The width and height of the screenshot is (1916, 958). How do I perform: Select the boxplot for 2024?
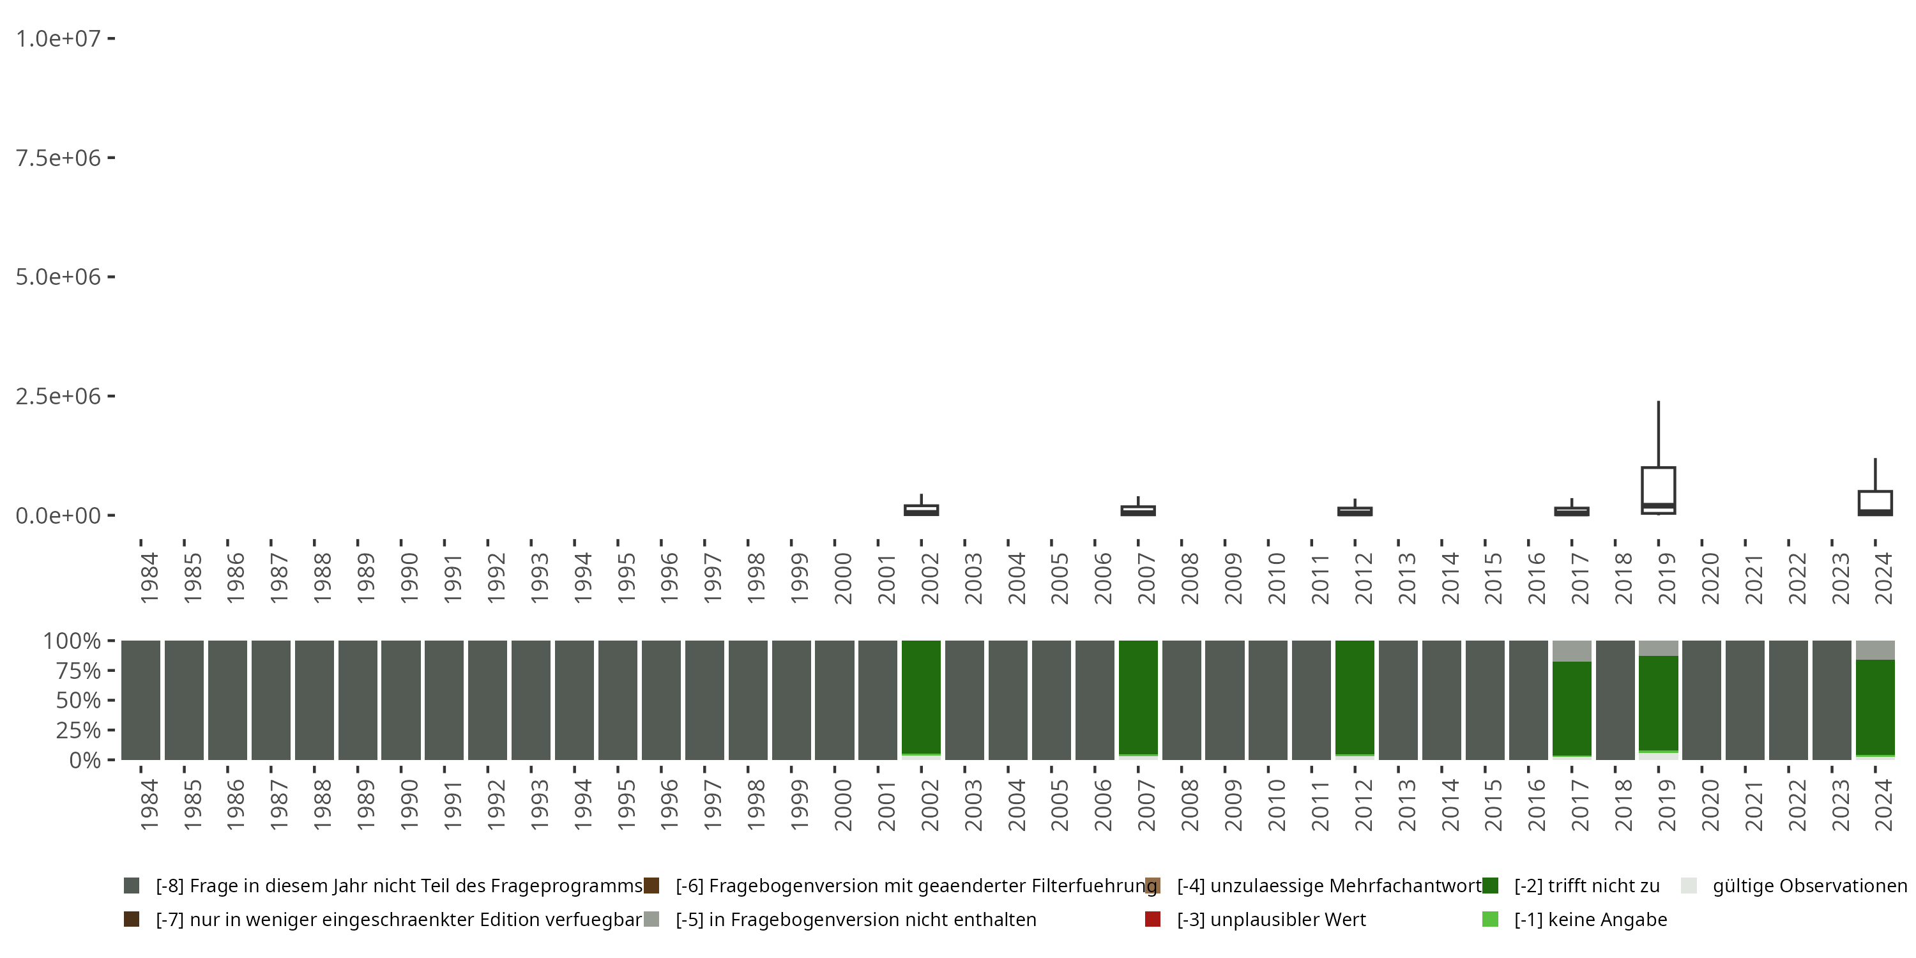pyautogui.click(x=1875, y=502)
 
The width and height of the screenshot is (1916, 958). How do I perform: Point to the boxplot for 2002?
pyautogui.click(x=922, y=510)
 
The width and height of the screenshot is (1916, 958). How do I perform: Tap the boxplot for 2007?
pyautogui.click(x=1138, y=510)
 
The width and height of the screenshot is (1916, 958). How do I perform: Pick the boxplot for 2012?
pyautogui.click(x=1355, y=511)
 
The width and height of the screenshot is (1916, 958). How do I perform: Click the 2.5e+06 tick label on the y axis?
pyautogui.click(x=58, y=396)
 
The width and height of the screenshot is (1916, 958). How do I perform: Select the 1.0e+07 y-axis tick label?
pyautogui.click(x=58, y=39)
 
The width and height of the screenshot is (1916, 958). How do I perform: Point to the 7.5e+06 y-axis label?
pyautogui.click(x=58, y=158)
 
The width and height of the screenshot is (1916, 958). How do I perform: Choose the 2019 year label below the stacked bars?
pyautogui.click(x=1667, y=805)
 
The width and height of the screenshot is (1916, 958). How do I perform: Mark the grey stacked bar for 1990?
pyautogui.click(x=401, y=700)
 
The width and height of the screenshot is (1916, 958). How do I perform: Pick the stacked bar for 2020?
pyautogui.click(x=1702, y=700)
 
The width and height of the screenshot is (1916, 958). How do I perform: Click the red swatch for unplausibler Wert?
pyautogui.click(x=1153, y=919)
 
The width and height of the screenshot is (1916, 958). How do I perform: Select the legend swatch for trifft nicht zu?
pyautogui.click(x=1490, y=886)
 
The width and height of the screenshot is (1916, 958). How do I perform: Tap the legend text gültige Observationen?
pyautogui.click(x=1809, y=886)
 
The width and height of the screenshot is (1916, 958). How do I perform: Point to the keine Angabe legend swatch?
pyautogui.click(x=1490, y=919)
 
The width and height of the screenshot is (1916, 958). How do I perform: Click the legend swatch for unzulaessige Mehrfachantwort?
pyautogui.click(x=1153, y=886)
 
